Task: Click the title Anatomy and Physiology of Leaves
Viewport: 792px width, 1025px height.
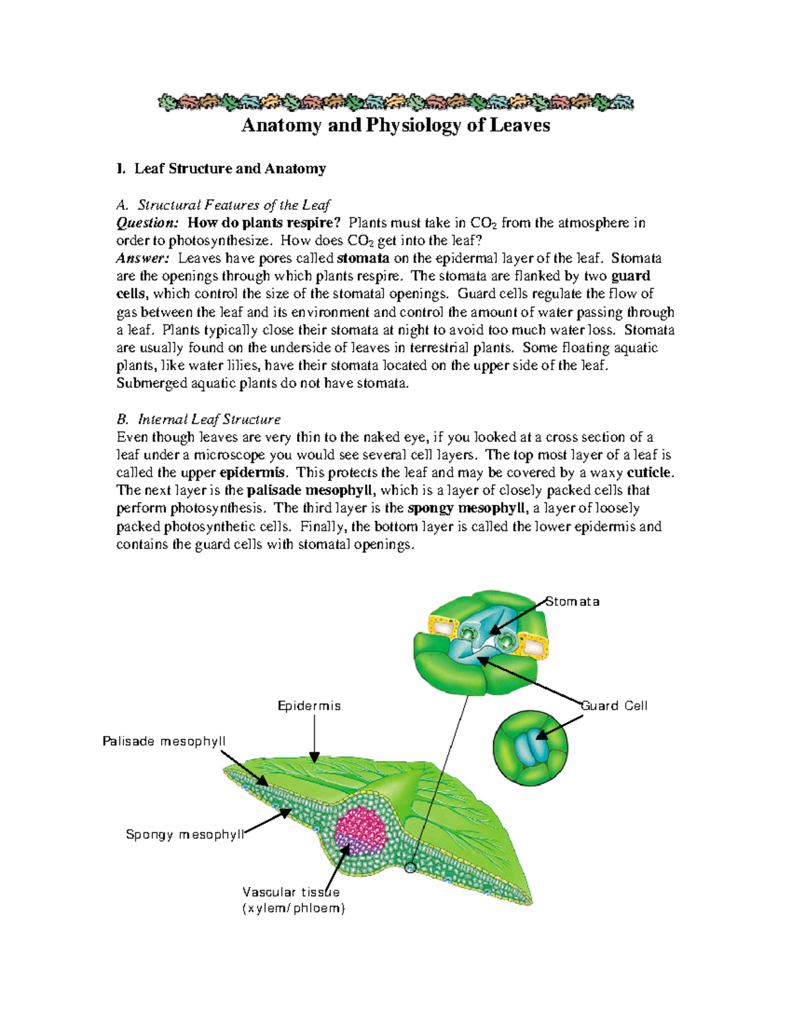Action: click(x=395, y=125)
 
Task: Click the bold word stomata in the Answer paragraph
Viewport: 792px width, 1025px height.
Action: click(x=363, y=259)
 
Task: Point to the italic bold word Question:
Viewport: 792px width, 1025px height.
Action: click(x=147, y=223)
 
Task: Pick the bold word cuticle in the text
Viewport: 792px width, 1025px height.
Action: click(x=649, y=473)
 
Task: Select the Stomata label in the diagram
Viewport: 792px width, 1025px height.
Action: click(x=573, y=602)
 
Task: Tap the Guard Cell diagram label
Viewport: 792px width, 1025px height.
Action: click(x=614, y=706)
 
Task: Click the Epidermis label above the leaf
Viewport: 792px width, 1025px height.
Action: click(x=309, y=706)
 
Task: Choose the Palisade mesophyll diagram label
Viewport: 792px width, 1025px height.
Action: click(x=164, y=742)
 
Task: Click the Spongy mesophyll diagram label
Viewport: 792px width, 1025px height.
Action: click(x=185, y=835)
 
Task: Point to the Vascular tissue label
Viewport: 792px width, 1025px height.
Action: click(x=291, y=893)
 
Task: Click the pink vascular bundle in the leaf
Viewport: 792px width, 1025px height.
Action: click(x=361, y=829)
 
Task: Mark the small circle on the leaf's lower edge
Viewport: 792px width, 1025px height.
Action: click(x=410, y=868)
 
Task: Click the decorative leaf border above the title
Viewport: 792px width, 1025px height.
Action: click(x=395, y=102)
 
